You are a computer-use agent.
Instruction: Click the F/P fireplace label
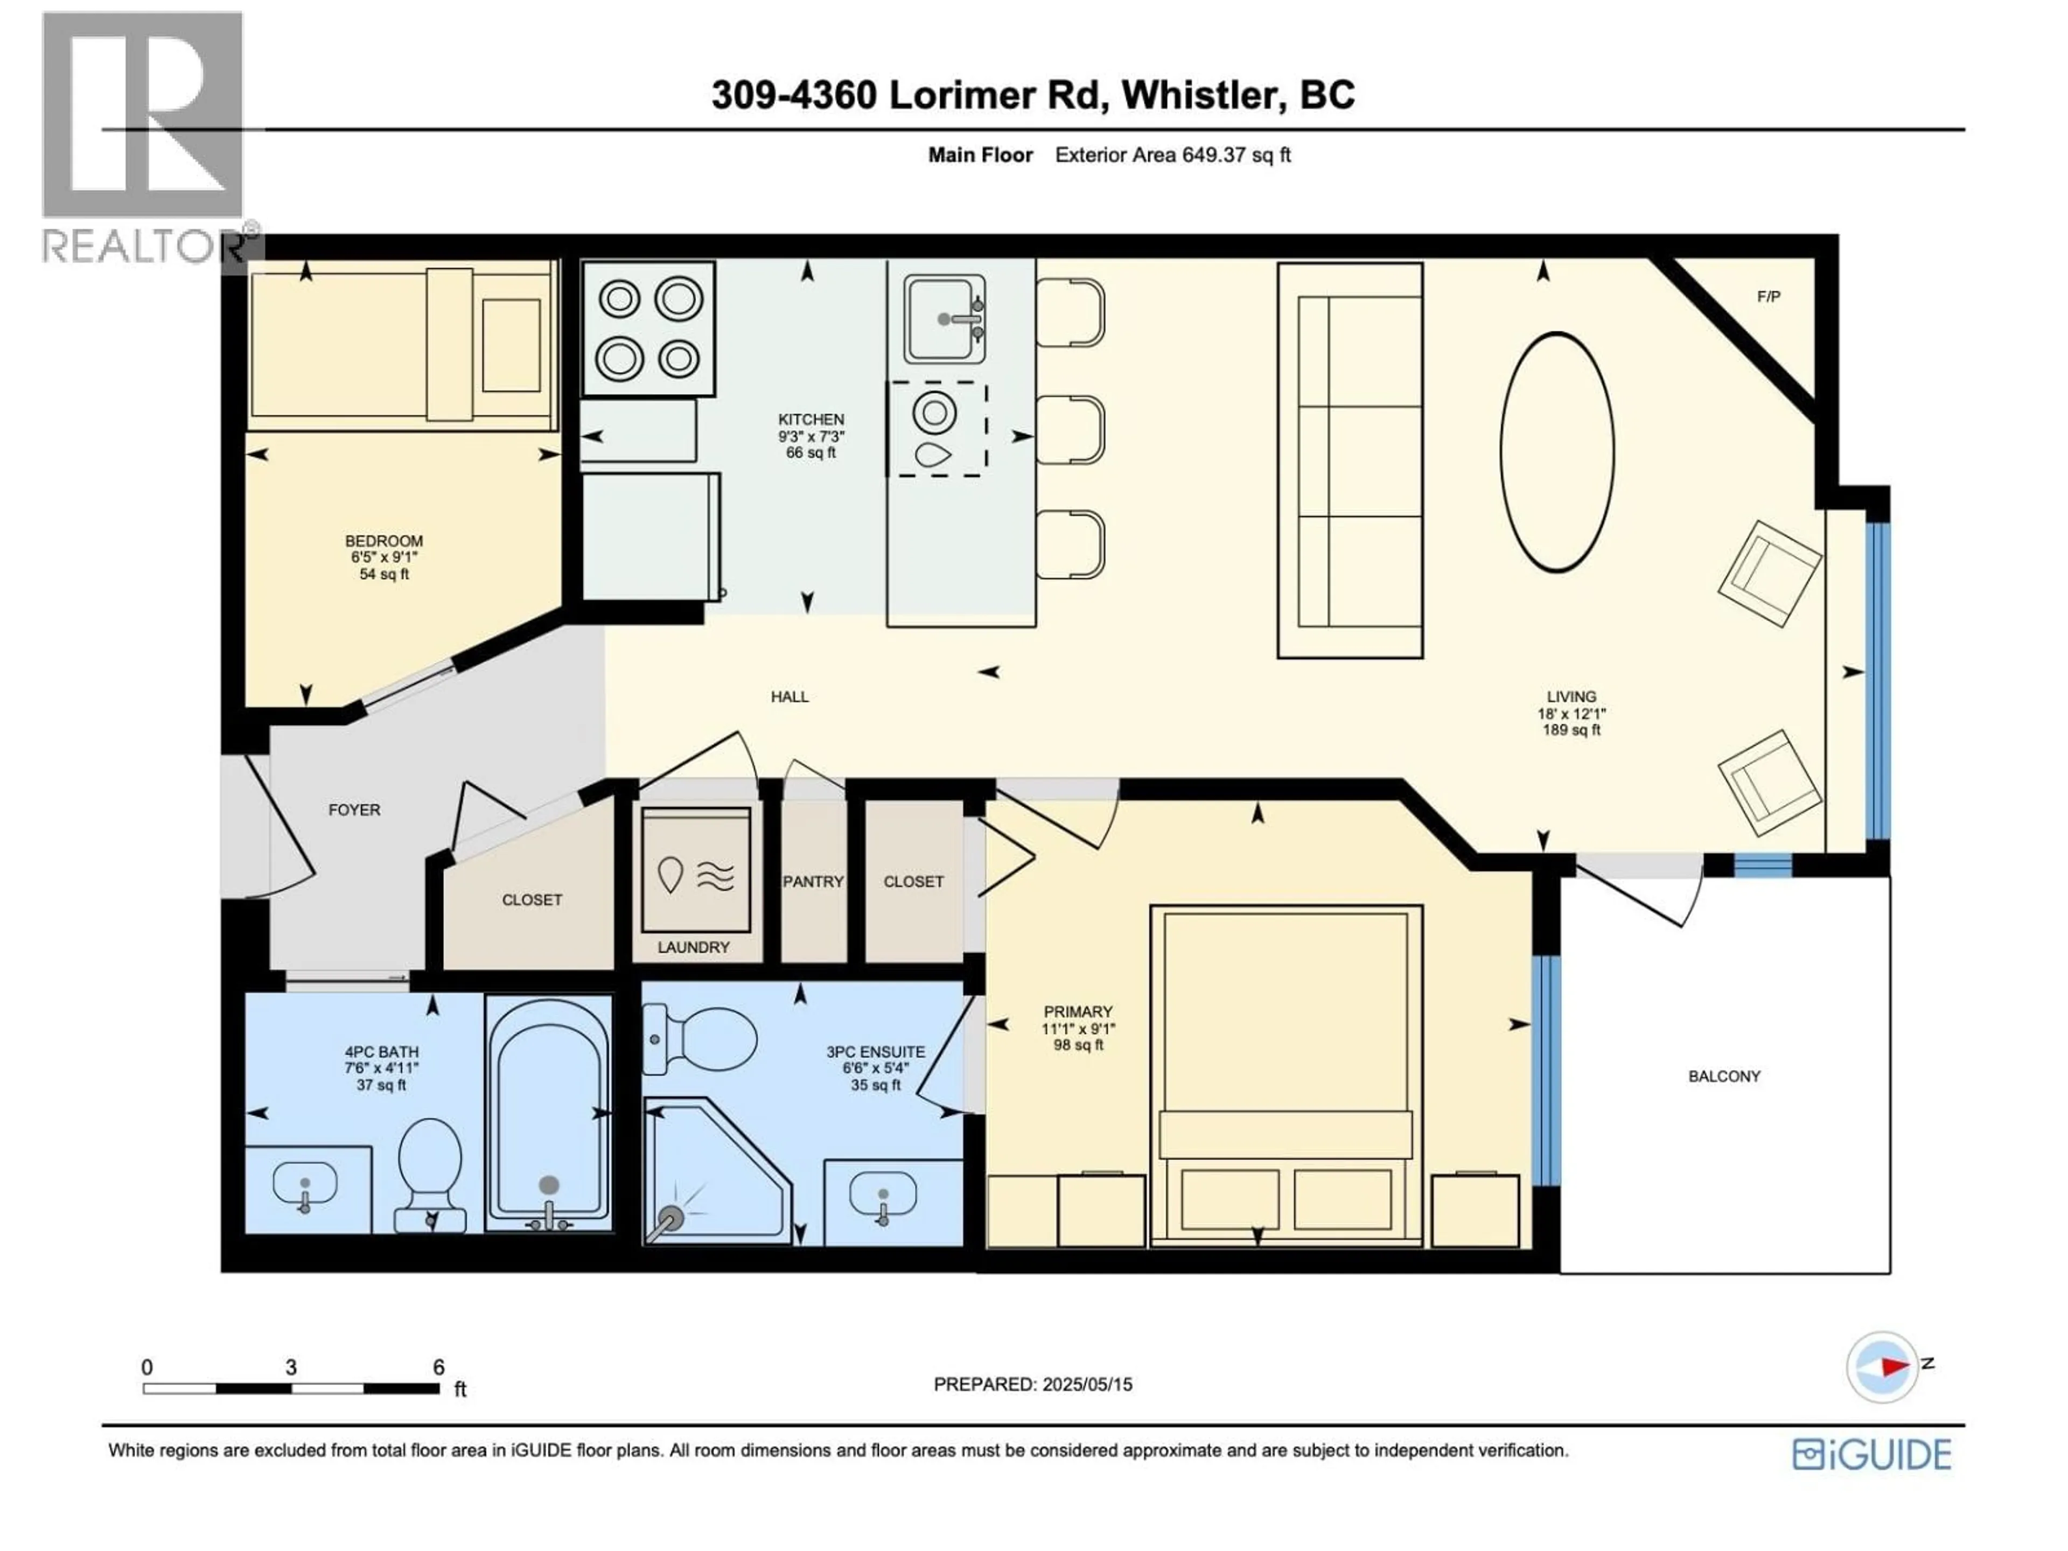(x=1769, y=297)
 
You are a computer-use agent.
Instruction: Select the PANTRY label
(x=813, y=882)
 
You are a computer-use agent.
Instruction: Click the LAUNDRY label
(x=693, y=947)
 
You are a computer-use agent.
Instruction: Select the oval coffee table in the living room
(x=1556, y=451)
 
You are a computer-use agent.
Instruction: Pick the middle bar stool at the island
(x=1071, y=430)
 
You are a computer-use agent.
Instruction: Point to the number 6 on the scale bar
(x=438, y=1367)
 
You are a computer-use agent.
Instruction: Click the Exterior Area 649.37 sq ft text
(x=1172, y=155)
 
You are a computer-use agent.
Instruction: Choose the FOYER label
(x=354, y=809)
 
